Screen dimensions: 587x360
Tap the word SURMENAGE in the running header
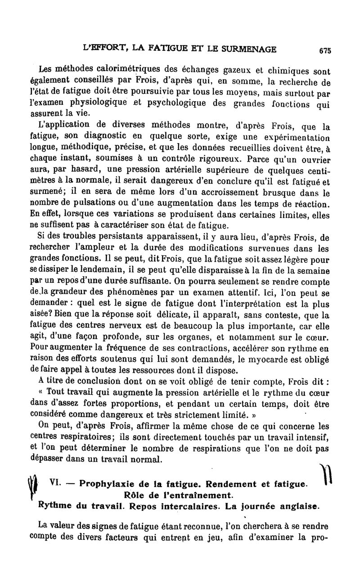coord(247,49)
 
